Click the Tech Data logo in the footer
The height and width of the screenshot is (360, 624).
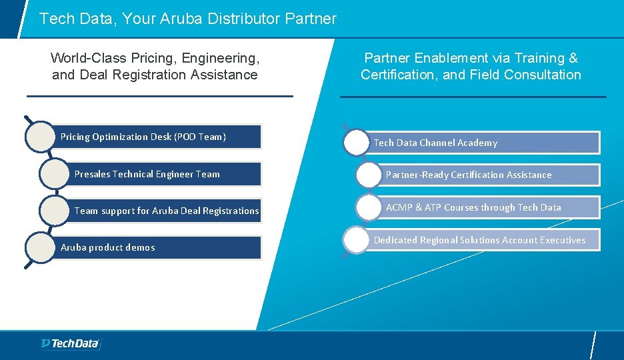tap(69, 343)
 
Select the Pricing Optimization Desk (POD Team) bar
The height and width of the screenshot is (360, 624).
tap(160, 137)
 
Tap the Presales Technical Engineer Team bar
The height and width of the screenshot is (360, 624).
tap(167, 174)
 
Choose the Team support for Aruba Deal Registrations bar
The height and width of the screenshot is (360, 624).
tap(167, 211)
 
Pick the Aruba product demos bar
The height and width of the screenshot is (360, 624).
tap(160, 247)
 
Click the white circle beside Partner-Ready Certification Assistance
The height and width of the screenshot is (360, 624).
tap(369, 175)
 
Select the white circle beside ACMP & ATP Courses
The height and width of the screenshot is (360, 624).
tap(369, 207)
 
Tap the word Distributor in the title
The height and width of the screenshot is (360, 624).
tap(245, 19)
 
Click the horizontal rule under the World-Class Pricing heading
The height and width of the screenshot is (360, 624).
tap(160, 96)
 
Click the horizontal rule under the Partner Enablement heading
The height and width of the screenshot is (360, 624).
tap(473, 97)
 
